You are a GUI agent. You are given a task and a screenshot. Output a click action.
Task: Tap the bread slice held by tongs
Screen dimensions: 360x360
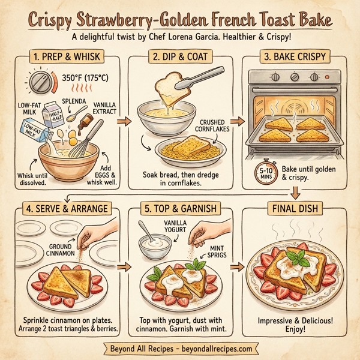170,88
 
